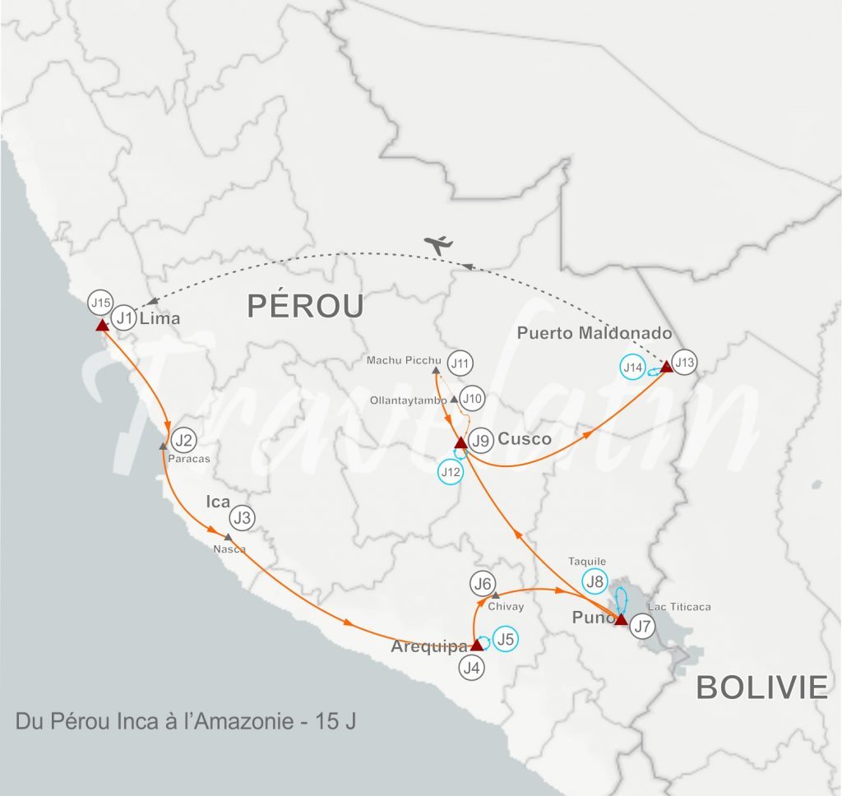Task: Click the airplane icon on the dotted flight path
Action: pyautogui.click(x=440, y=244)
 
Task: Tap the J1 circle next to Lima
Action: pyautogui.click(x=123, y=317)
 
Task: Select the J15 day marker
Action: pyautogui.click(x=100, y=303)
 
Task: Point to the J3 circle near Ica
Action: pyautogui.click(x=242, y=518)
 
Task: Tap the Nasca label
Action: pyautogui.click(x=229, y=548)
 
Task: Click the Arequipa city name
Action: pyautogui.click(x=428, y=646)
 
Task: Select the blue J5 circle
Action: pyautogui.click(x=507, y=639)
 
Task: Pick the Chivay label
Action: pyautogui.click(x=506, y=607)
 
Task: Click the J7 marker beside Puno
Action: pyautogui.click(x=643, y=627)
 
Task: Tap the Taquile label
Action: pyautogui.click(x=587, y=562)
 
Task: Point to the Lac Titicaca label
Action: pyautogui.click(x=678, y=607)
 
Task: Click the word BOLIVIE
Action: pyautogui.click(x=761, y=687)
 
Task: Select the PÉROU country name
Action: pyautogui.click(x=305, y=307)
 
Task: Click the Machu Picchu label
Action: pyautogui.click(x=405, y=360)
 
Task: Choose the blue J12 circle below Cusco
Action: pyautogui.click(x=451, y=472)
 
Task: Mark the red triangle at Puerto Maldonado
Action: pyautogui.click(x=666, y=367)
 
